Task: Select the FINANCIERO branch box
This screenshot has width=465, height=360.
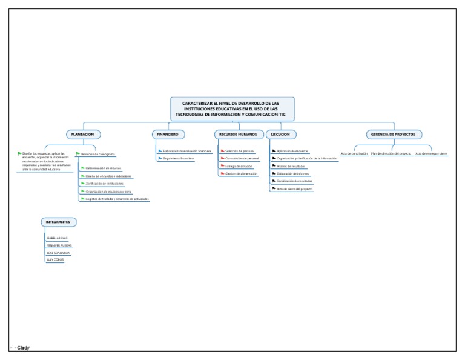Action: tap(168, 134)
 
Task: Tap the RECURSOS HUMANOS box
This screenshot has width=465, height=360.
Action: tap(238, 134)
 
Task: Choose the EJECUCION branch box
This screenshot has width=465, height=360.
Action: tap(280, 134)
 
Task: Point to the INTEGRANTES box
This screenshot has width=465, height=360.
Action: tap(59, 222)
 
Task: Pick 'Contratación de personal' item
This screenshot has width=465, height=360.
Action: tap(242, 158)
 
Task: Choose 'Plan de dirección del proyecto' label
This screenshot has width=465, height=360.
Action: tap(391, 153)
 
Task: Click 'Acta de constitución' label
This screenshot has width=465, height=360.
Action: tap(354, 153)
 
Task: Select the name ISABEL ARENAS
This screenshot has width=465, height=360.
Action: tap(58, 238)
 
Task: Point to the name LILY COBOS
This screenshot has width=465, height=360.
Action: tap(54, 259)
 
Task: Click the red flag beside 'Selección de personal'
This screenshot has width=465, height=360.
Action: tap(222, 150)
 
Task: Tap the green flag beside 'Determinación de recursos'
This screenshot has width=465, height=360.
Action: tap(83, 168)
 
